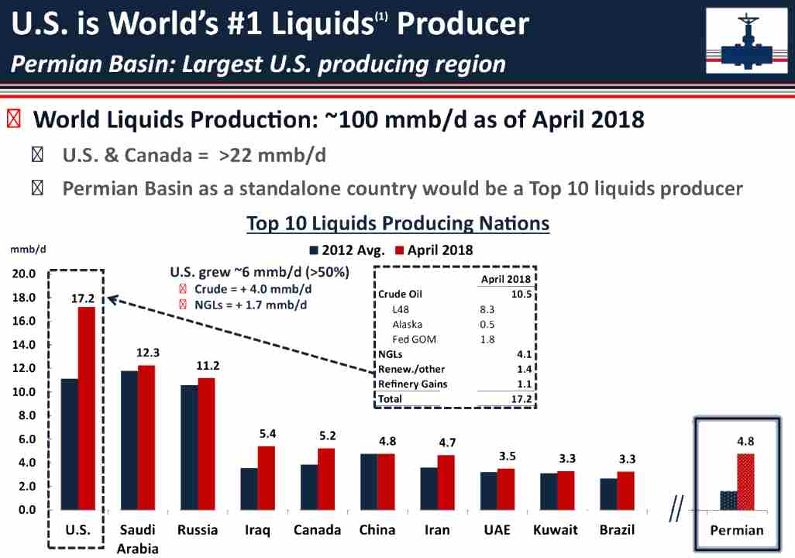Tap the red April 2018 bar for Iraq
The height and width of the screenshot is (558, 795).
[266, 477]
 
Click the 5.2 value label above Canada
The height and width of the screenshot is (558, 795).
[327, 436]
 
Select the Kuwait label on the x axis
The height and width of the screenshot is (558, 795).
[555, 530]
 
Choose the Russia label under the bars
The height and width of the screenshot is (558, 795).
[197, 530]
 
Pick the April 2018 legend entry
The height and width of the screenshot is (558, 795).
[434, 250]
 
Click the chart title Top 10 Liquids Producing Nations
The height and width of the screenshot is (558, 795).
[397, 224]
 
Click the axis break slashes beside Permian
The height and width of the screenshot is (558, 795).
[676, 511]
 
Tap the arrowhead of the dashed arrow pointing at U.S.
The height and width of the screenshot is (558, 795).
[111, 298]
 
